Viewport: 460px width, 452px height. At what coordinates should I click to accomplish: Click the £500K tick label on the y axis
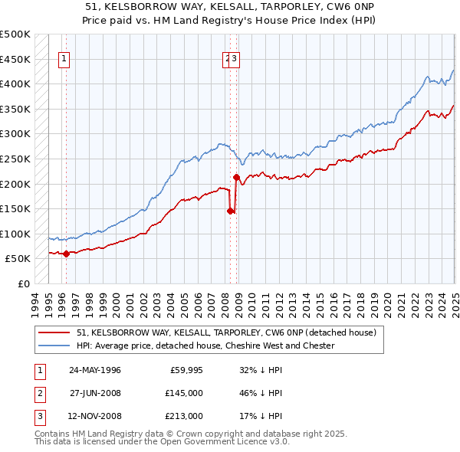click(15, 34)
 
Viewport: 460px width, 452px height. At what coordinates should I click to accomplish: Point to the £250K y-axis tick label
click(15, 159)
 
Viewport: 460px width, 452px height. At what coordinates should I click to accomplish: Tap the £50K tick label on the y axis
click(18, 259)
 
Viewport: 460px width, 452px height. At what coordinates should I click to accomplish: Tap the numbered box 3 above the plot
click(235, 61)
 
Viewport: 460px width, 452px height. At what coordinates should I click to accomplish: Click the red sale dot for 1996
click(66, 254)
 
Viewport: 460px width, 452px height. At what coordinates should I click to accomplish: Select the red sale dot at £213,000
click(236, 178)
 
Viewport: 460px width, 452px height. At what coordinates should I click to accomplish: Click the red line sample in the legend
click(53, 333)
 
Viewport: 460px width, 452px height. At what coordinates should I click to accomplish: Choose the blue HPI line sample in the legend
click(53, 346)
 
